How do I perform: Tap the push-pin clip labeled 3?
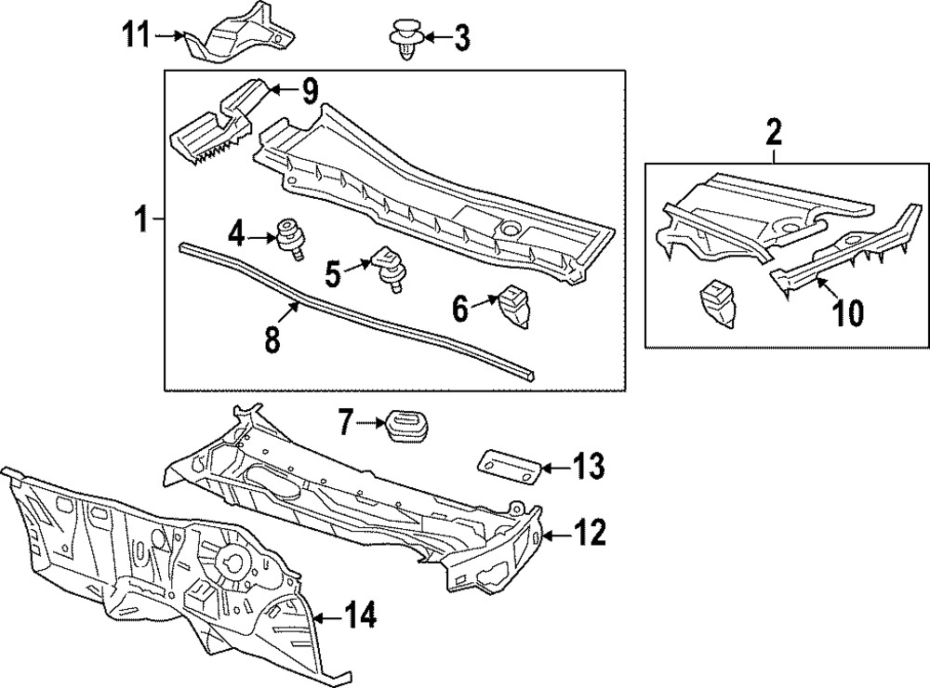[x=405, y=38]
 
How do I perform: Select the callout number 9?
[x=308, y=91]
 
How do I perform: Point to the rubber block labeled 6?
[x=513, y=306]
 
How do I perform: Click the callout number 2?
[x=774, y=132]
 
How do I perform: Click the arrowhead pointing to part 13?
[x=543, y=467]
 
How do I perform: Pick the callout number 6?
[x=461, y=307]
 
